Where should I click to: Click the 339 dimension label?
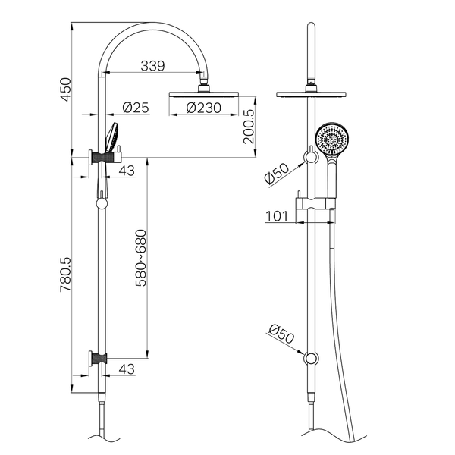coord(152,66)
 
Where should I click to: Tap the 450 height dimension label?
coord(65,89)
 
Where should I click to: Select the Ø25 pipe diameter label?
coord(136,108)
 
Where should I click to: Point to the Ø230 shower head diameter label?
coord(203,108)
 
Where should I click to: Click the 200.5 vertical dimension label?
coord(249,127)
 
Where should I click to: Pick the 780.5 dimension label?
coord(65,275)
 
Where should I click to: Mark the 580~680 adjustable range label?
coord(141,258)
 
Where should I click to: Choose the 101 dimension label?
coord(277,216)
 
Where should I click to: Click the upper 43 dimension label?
coord(127,171)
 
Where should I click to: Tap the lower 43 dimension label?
coord(127,369)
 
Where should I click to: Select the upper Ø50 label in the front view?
coord(277,174)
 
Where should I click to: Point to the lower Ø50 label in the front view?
coord(281,334)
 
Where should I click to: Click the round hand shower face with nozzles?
coord(331,139)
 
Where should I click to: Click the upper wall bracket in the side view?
coord(98,157)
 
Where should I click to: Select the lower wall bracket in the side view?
coord(98,359)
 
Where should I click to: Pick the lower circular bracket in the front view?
coord(311,359)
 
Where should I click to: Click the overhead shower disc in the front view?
coord(311,95)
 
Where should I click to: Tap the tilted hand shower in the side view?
coord(112,137)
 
